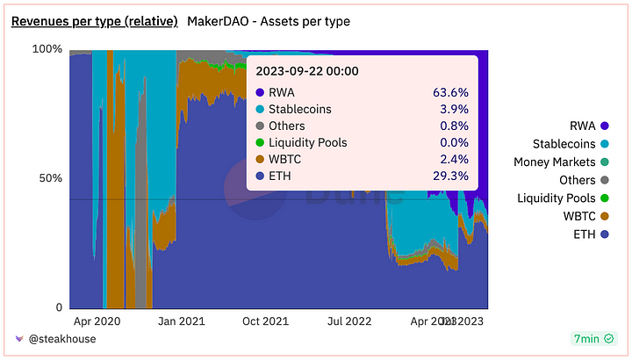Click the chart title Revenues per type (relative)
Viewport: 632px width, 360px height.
tap(94, 20)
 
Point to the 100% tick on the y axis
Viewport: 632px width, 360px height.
tap(47, 49)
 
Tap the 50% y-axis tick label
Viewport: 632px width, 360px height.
tap(51, 178)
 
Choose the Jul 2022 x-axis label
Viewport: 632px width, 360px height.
tap(351, 322)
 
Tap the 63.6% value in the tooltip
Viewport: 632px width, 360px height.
tap(450, 92)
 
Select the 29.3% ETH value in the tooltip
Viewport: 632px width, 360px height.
tap(450, 176)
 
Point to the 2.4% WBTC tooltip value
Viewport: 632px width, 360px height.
tap(454, 159)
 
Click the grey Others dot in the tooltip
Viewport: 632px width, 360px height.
tap(260, 126)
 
